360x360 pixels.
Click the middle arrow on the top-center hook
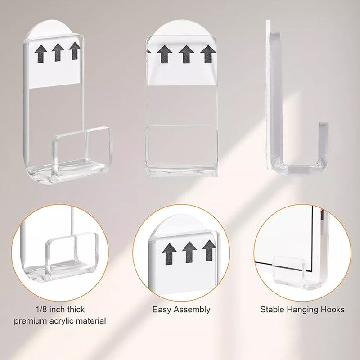tap(186, 54)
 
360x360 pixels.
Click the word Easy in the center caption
tap(161, 310)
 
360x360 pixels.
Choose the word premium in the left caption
tap(29, 321)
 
